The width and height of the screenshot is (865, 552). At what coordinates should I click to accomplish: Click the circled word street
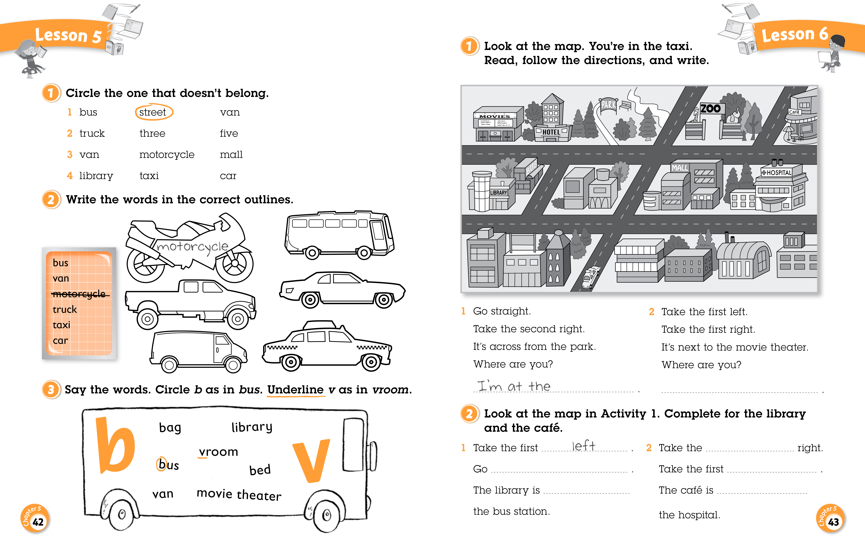153,112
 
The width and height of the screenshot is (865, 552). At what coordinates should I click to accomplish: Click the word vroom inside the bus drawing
218,452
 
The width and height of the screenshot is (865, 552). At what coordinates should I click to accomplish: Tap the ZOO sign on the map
710,108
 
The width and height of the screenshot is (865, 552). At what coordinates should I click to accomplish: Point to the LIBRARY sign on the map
499,193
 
